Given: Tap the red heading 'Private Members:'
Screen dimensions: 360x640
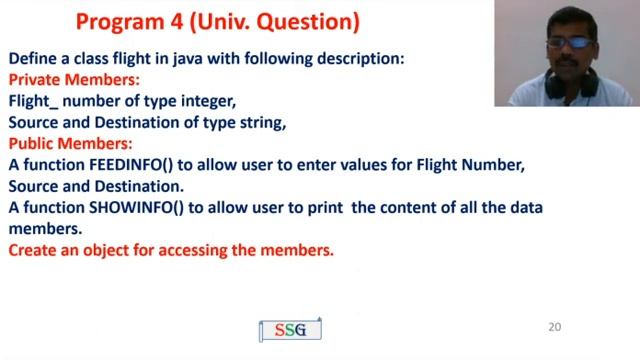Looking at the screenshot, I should tap(74, 79).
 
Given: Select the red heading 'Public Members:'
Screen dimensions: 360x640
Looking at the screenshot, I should tap(69, 144).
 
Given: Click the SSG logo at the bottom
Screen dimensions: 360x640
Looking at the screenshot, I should tap(290, 330).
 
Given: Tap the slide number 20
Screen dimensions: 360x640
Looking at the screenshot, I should tap(556, 327).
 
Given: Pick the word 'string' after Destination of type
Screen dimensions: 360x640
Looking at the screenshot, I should tap(259, 123).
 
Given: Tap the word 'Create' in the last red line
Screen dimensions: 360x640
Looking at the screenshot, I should tap(32, 250).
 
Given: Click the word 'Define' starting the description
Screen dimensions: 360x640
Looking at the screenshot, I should tap(32, 58).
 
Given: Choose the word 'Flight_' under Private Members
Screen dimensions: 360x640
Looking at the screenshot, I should tap(34, 101).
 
